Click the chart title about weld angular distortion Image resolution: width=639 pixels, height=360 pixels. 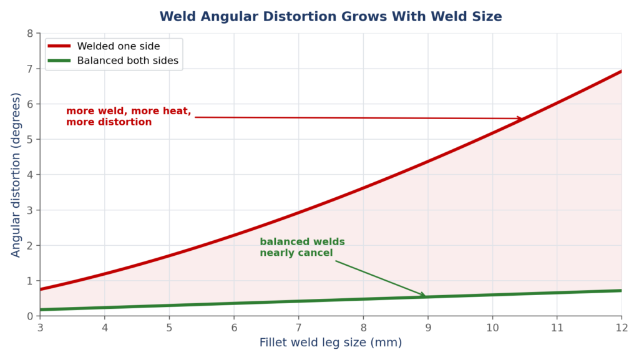(x=331, y=17)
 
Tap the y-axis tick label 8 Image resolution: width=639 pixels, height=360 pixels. (x=30, y=34)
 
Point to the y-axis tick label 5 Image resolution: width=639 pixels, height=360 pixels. (x=30, y=139)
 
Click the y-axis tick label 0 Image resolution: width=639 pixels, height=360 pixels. (x=30, y=316)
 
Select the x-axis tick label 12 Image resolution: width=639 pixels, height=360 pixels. (x=622, y=328)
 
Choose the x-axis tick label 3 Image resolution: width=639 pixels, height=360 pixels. (x=41, y=328)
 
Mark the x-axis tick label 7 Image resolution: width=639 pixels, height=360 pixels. (x=299, y=328)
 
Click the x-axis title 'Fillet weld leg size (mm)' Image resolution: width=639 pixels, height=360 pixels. (x=331, y=343)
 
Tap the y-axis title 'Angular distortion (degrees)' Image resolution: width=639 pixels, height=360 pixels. (x=16, y=175)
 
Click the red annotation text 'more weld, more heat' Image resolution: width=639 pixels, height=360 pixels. (x=129, y=111)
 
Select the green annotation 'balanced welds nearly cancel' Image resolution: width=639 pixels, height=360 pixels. (x=303, y=247)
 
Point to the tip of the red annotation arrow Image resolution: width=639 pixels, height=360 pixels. (x=523, y=119)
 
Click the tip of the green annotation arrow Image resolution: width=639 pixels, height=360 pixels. (x=426, y=296)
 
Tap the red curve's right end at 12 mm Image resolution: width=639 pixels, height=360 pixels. (x=622, y=71)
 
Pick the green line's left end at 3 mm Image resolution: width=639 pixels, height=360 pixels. (x=41, y=309)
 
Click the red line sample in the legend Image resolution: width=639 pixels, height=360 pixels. (x=59, y=46)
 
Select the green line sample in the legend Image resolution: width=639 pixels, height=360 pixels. (x=59, y=61)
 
